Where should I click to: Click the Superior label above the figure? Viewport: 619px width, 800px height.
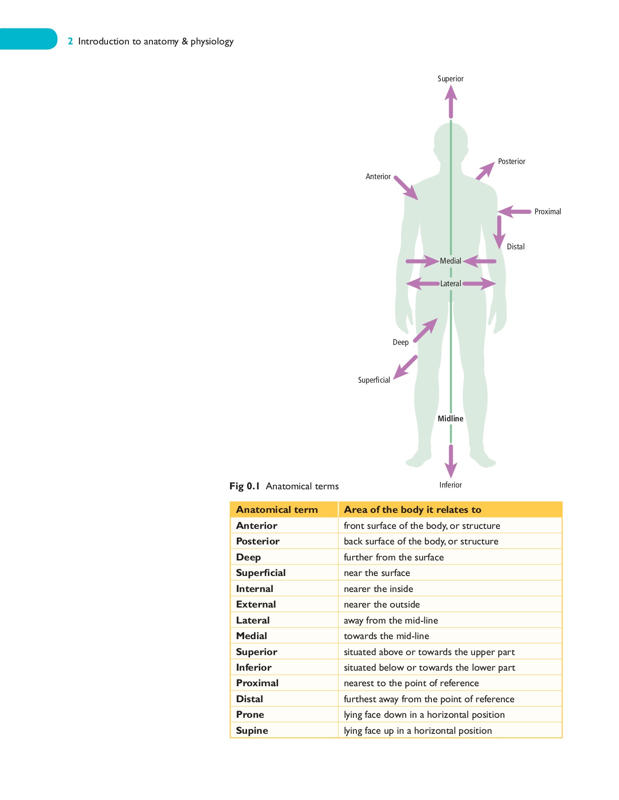pos(450,79)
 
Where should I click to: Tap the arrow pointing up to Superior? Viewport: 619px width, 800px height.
pos(451,101)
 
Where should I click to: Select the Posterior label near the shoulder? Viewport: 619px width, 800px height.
pos(511,161)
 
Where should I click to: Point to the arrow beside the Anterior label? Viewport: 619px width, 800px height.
pos(406,188)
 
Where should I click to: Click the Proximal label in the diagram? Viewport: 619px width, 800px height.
pos(547,212)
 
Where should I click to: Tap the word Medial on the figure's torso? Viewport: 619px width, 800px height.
pos(451,261)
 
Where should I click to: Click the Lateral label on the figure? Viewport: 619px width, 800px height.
pos(451,284)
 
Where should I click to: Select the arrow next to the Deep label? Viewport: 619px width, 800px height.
pos(425,330)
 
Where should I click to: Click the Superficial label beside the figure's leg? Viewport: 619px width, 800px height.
pos(374,380)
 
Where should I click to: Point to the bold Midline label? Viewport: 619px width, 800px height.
pos(450,419)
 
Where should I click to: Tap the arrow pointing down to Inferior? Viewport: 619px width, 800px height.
pos(451,461)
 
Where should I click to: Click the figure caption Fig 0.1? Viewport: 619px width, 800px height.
pos(244,486)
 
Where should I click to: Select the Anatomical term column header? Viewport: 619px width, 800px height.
pos(277,510)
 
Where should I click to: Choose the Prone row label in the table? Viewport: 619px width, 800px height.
pos(250,715)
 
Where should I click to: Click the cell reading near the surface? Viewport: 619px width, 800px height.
pos(377,573)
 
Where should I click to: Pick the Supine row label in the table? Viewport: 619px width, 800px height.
pos(252,731)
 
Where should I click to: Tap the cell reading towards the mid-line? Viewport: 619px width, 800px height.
pos(386,636)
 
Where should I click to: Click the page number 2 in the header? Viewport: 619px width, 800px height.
pos(70,41)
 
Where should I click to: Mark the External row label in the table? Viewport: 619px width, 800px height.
pos(256,604)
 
